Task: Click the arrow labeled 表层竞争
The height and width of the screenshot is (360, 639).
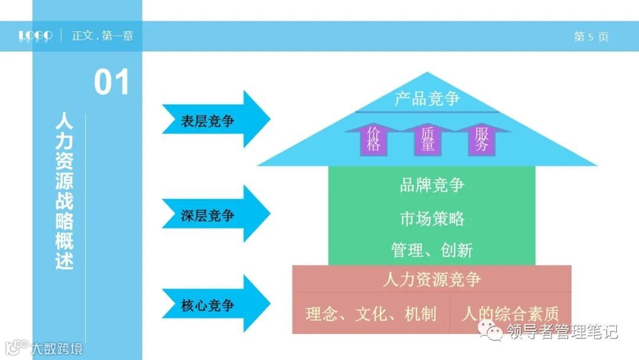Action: (213, 121)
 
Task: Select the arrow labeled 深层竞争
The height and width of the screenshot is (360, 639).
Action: (213, 215)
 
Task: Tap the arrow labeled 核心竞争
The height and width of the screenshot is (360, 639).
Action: (213, 305)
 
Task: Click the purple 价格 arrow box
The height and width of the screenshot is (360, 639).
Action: (373, 140)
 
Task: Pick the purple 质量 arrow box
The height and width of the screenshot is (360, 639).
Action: (427, 140)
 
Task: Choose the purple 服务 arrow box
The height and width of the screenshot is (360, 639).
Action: (482, 140)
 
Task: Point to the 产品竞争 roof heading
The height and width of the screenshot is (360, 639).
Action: (427, 98)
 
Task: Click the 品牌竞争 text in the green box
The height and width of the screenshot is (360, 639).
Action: (432, 185)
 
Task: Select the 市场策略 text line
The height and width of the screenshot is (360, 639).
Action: (432, 218)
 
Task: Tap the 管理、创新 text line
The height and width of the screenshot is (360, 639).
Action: (432, 250)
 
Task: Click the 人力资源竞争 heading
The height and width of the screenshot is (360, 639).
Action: (432, 279)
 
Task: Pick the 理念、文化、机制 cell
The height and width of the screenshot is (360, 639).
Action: (371, 314)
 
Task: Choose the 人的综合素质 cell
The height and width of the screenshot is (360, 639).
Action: (510, 313)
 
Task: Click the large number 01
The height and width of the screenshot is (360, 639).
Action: (111, 83)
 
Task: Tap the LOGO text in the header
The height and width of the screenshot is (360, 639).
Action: (35, 36)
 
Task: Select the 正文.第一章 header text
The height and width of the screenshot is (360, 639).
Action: (103, 36)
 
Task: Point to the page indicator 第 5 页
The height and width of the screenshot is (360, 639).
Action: (590, 37)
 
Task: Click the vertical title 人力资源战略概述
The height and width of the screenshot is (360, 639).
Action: (64, 192)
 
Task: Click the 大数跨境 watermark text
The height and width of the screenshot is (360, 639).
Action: (57, 348)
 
